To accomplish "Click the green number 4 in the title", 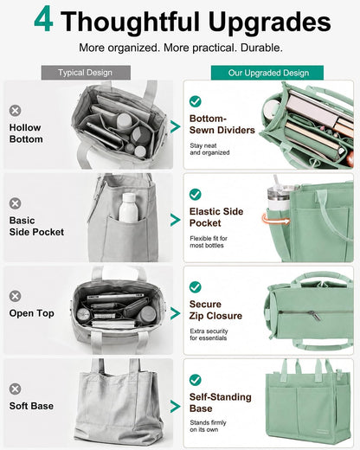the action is (43, 20).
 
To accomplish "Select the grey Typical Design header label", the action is (86, 73).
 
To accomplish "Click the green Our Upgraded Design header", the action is (267, 73).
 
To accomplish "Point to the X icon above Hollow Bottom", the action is (15, 111).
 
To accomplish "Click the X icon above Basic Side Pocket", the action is (15, 203).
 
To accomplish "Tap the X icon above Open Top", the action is (15, 296).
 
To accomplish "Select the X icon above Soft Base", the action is (15, 389).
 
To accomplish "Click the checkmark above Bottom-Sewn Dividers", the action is (196, 101).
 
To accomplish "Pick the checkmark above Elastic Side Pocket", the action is (196, 195).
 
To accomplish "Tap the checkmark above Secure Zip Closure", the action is (196, 287).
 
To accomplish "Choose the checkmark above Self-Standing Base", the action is (196, 380).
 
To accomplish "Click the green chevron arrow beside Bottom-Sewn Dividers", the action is (175, 126).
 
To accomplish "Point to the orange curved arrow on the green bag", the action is (275, 220).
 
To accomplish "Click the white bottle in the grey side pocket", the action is (129, 208).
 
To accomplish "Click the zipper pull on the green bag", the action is (314, 316).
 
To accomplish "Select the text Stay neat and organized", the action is (209, 149).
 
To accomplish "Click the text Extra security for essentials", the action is (209, 334).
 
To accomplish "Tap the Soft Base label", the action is (31, 406).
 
